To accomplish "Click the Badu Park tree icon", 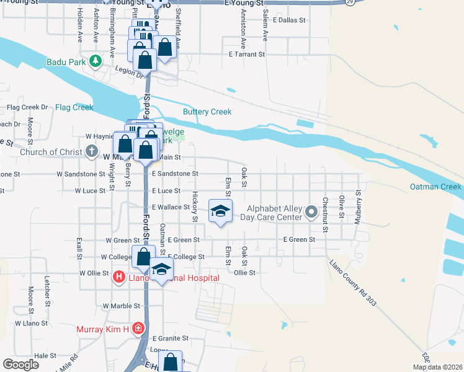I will (95, 61).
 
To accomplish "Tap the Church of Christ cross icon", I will (92, 151).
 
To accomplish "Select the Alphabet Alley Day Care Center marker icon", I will (311, 214).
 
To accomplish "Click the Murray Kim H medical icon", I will (140, 329).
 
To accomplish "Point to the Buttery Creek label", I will (207, 112).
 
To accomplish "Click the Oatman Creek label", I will (435, 187).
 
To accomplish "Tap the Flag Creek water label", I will (74, 107).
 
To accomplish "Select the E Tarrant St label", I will (247, 55).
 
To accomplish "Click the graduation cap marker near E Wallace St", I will (220, 211).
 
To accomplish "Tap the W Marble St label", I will (122, 306).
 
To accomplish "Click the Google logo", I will (20, 364).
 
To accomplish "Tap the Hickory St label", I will (195, 207).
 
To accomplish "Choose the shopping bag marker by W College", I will (143, 257).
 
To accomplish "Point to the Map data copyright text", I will (437, 367).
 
